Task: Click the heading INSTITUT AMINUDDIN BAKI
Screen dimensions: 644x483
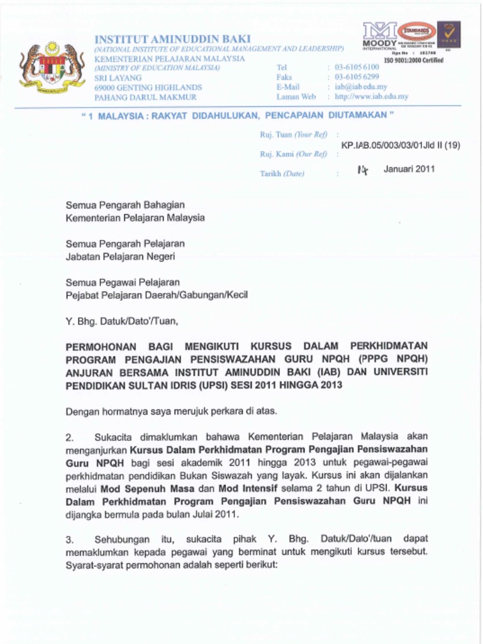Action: click(172, 39)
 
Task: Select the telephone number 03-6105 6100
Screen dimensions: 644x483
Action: click(357, 67)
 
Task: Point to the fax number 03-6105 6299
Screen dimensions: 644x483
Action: click(357, 77)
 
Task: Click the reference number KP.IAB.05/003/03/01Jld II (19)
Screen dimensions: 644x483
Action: click(401, 145)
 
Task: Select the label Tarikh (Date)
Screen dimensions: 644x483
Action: click(282, 174)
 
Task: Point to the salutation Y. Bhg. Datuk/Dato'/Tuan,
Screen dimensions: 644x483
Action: click(122, 321)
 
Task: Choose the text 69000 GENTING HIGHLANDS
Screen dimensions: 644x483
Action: click(148, 87)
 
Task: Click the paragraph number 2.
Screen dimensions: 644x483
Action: click(70, 436)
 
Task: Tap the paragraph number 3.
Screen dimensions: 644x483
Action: click(70, 540)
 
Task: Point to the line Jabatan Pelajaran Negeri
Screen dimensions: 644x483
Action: click(121, 257)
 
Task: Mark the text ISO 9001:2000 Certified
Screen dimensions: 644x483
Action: click(413, 60)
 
